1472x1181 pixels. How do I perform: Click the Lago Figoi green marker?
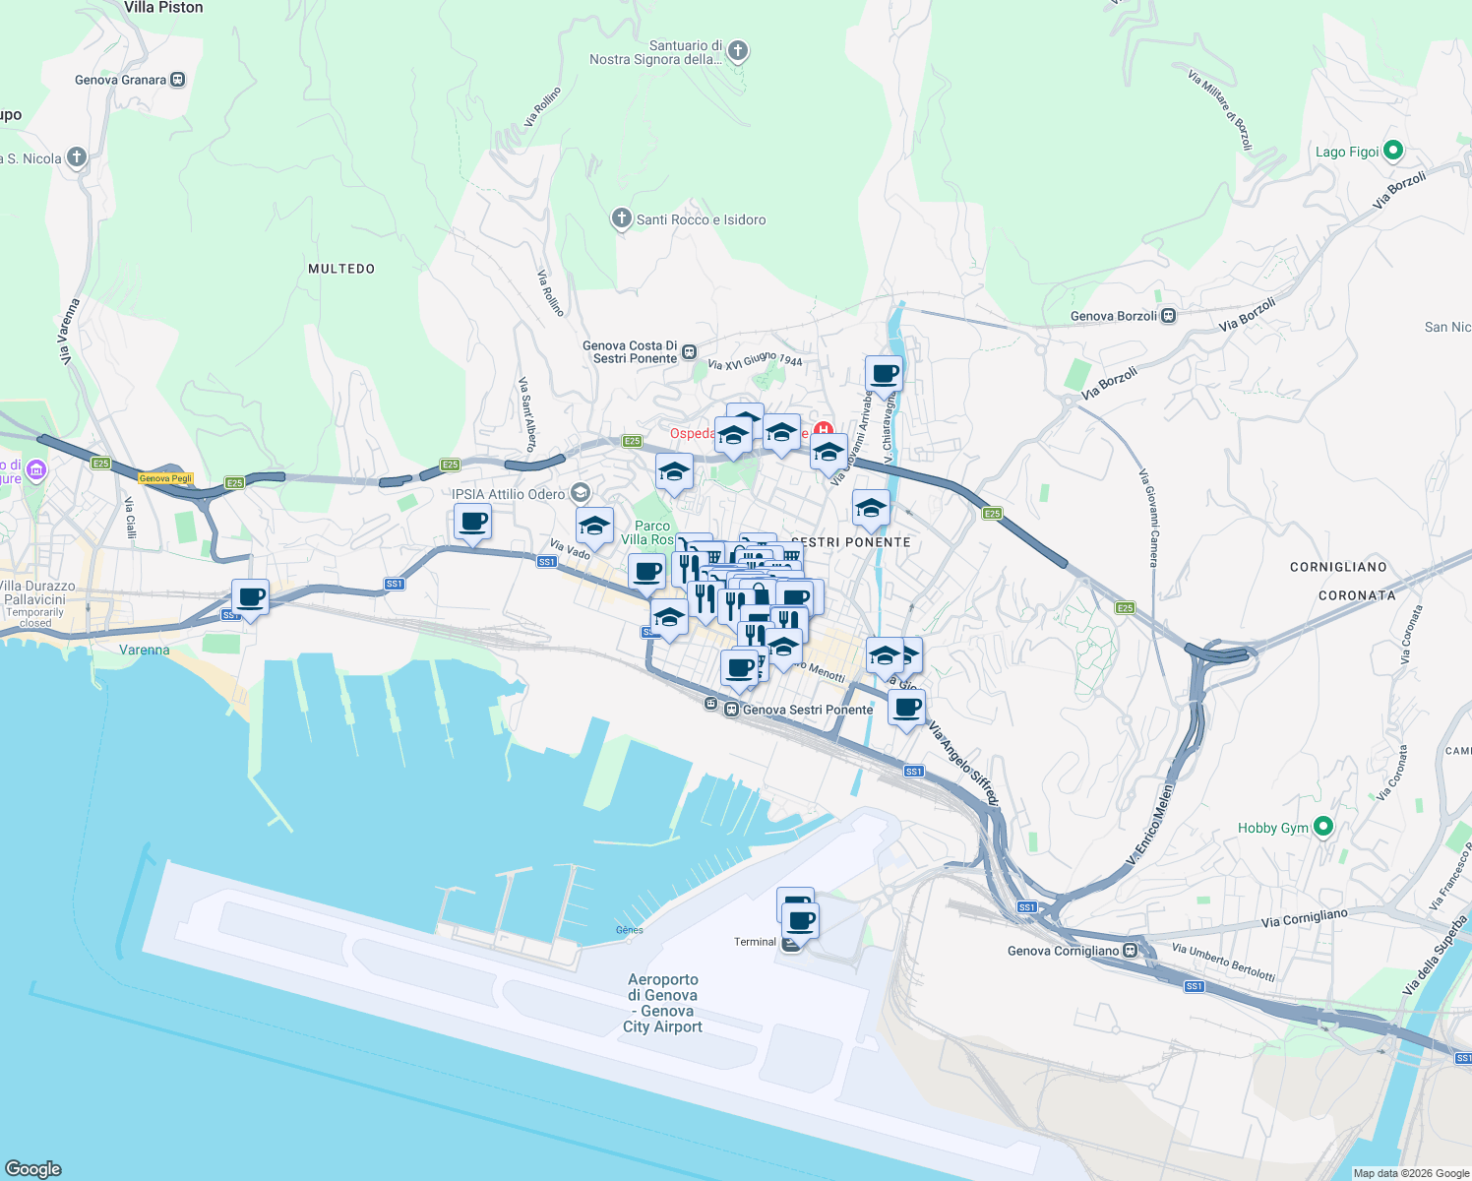1392,151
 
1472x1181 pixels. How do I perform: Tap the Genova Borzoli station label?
1113,316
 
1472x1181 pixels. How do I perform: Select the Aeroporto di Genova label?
663,1002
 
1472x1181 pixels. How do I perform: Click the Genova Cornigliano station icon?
1131,951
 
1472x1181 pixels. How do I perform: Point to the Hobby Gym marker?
1323,827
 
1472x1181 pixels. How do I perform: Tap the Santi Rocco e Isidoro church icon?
621,218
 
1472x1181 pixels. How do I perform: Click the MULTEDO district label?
341,269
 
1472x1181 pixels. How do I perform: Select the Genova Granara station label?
120,80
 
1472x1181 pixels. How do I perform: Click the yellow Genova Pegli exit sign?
165,478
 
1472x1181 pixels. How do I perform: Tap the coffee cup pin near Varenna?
251,597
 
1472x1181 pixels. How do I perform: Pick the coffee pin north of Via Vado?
473,521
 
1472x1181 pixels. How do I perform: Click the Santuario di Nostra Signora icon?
737,51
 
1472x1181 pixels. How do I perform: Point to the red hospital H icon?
823,430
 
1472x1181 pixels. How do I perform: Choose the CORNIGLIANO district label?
1338,567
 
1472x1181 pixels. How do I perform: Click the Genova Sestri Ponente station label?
807,710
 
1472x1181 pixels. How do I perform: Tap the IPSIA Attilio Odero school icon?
581,493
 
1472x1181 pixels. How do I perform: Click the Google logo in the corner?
33,1168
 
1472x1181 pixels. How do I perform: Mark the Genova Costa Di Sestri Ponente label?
630,352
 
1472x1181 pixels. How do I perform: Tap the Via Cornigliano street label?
1304,918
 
